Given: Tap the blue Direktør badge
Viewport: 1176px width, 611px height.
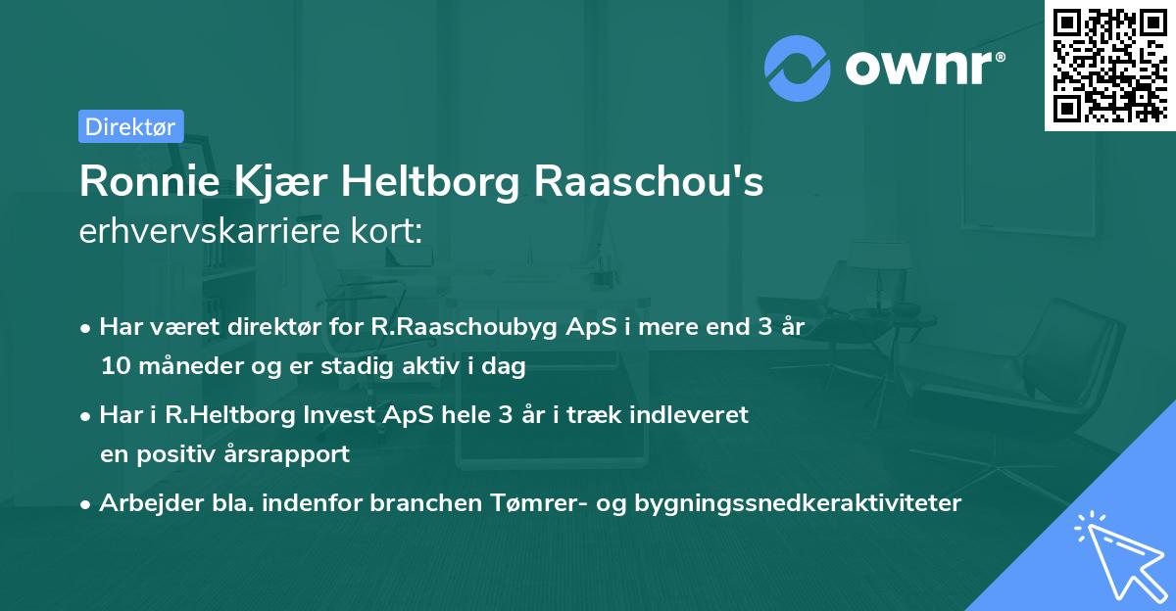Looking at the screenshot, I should point(130,125).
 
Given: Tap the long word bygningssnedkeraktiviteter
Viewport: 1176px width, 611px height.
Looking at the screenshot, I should point(798,503).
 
